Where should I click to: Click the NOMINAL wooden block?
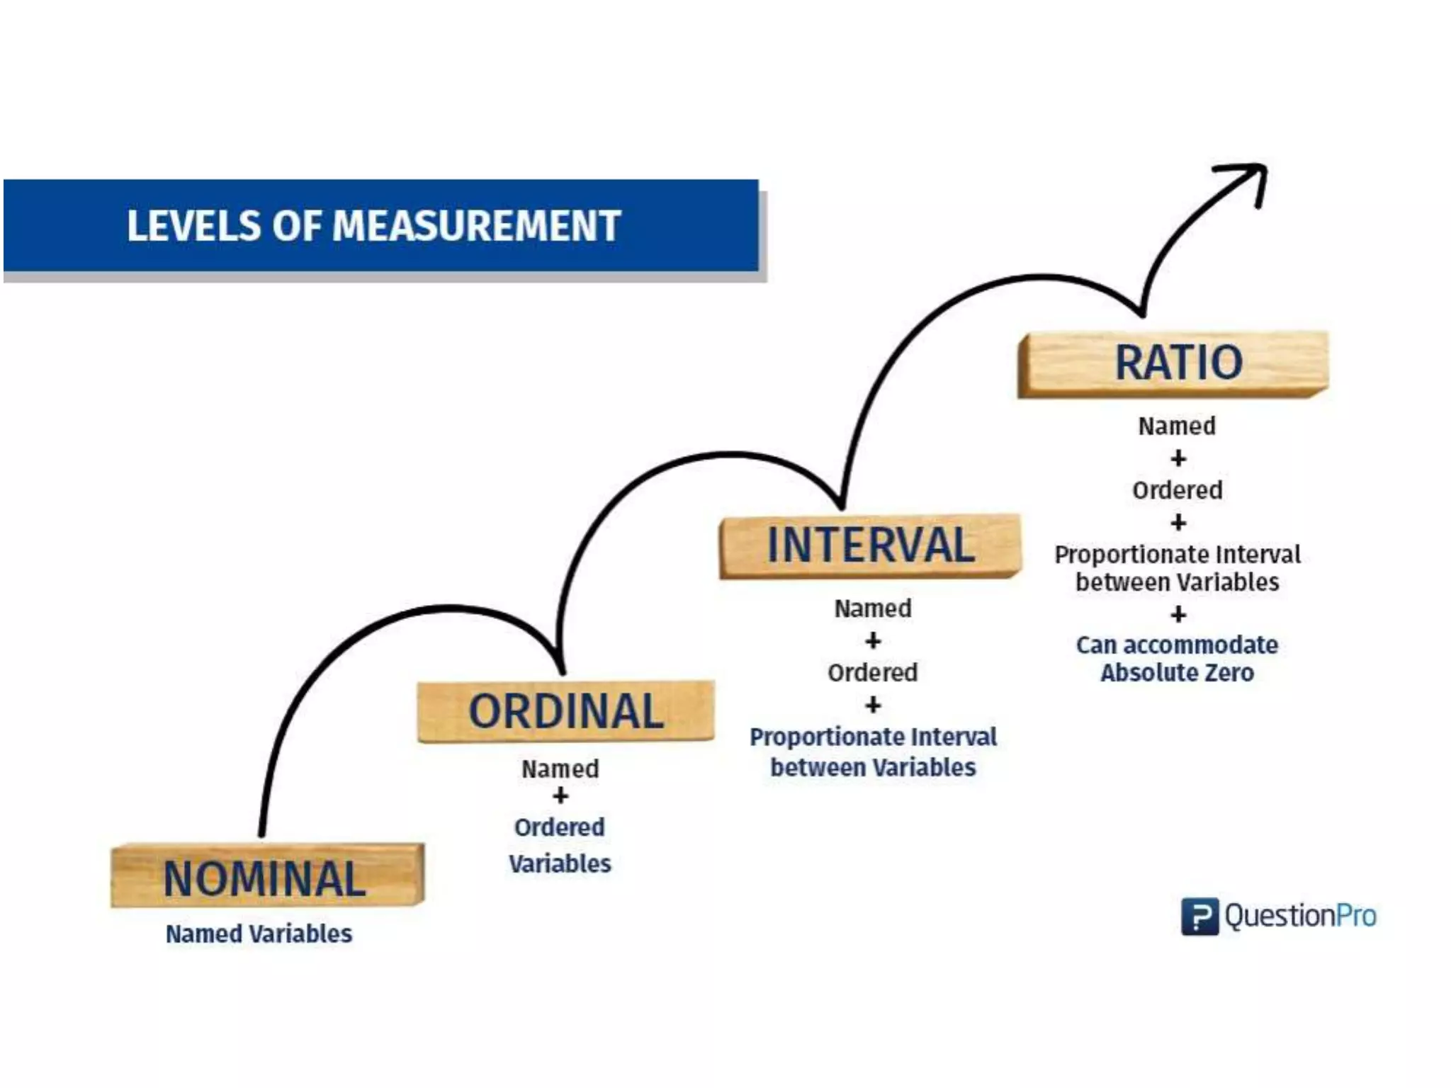[x=267, y=875]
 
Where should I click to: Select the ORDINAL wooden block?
[x=565, y=711]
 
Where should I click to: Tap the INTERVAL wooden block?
[x=870, y=546]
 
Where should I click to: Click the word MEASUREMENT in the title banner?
[x=476, y=226]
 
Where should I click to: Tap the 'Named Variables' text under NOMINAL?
[x=259, y=934]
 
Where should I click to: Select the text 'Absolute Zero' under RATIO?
[x=1177, y=672]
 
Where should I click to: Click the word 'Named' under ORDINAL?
[x=560, y=769]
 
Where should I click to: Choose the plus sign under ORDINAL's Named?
[x=560, y=796]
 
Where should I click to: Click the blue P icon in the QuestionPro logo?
[x=1199, y=916]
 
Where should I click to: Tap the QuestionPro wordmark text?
[x=1300, y=916]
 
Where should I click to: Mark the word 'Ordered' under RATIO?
[x=1177, y=490]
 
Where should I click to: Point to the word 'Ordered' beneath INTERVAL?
[x=872, y=672]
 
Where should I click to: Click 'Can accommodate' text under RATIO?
[x=1177, y=645]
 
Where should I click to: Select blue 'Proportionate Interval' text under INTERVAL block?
[x=873, y=737]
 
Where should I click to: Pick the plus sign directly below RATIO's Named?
[x=1178, y=458]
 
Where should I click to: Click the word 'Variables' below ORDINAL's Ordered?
[x=560, y=863]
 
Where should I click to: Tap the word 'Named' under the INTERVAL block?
[x=872, y=608]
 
